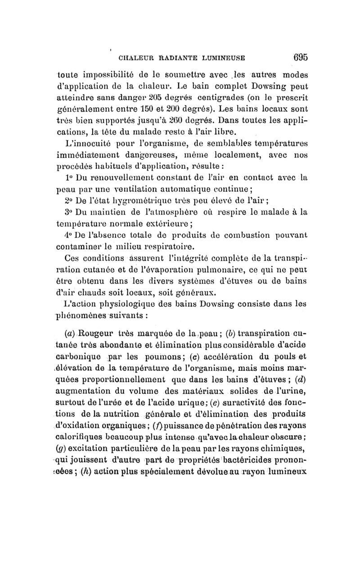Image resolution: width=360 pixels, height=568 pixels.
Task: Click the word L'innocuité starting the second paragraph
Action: coord(87,143)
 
